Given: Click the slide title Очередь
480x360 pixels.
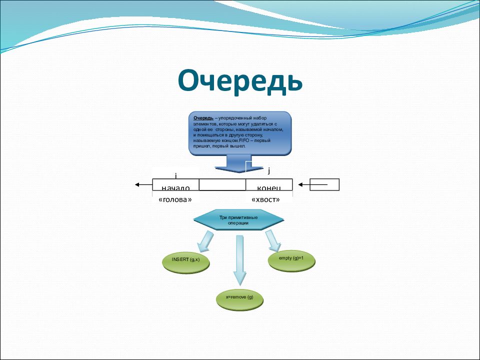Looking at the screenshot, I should [240, 81].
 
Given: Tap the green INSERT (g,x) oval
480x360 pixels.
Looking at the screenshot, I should [185, 260].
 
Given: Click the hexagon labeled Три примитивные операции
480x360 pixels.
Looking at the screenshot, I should [238, 220].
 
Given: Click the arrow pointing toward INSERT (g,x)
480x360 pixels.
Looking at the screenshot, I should [205, 241].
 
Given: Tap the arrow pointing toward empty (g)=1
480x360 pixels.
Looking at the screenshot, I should [273, 240].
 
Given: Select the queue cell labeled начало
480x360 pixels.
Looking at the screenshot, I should [175, 185].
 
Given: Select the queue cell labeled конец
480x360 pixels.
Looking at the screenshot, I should [269, 185].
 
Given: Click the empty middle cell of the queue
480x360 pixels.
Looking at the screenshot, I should [222, 185].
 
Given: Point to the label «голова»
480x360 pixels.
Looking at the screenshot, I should [175, 199].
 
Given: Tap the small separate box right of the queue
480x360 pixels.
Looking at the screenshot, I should [324, 185].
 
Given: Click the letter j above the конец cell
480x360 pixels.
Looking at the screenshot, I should [269, 171].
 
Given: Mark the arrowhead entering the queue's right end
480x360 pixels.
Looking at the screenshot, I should [301, 185].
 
